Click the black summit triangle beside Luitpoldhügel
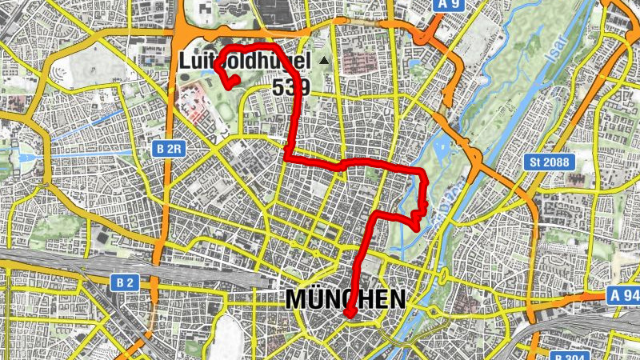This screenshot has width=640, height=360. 324,60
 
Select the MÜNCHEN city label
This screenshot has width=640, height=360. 345,299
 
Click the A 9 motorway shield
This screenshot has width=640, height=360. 450,5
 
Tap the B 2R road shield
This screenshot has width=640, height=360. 169,149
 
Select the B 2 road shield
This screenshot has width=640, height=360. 123,282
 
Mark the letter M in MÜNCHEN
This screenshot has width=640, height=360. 295,299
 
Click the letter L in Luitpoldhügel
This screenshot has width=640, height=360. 185,61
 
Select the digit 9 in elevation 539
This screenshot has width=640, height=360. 302,87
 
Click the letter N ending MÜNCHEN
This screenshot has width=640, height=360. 396,299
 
